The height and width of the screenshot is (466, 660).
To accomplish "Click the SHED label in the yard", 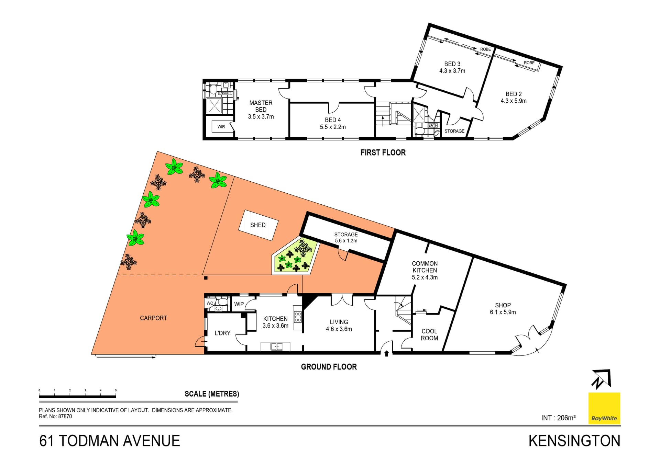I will (x=258, y=225).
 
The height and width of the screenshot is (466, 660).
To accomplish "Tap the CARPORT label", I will (x=153, y=318).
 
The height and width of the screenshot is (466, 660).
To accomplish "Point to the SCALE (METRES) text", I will (x=212, y=394).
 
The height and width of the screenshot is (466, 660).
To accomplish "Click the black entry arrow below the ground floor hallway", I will (x=386, y=353).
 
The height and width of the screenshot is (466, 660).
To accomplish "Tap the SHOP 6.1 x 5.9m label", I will (x=503, y=308).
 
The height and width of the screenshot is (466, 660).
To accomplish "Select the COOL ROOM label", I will (x=429, y=334).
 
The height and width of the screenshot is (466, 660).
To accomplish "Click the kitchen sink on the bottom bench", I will (x=276, y=346).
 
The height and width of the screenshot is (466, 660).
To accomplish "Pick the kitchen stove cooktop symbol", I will (x=298, y=317).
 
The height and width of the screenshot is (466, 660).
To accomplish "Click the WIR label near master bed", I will (x=221, y=127).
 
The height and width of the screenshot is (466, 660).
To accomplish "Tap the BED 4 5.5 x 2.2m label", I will (x=333, y=123).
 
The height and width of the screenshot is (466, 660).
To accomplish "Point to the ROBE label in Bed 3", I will (x=485, y=49).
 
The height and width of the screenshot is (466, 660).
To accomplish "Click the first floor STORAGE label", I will (x=454, y=131).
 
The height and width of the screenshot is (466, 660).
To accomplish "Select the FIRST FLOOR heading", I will (x=383, y=152).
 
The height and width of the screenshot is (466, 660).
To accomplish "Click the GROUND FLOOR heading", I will (x=329, y=367).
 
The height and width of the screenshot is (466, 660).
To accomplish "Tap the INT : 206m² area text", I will (x=558, y=418).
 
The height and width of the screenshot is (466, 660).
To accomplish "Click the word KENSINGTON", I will (x=574, y=441).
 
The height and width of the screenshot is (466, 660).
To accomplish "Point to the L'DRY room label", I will (x=222, y=333).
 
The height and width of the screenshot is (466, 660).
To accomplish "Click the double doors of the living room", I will (x=342, y=300).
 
